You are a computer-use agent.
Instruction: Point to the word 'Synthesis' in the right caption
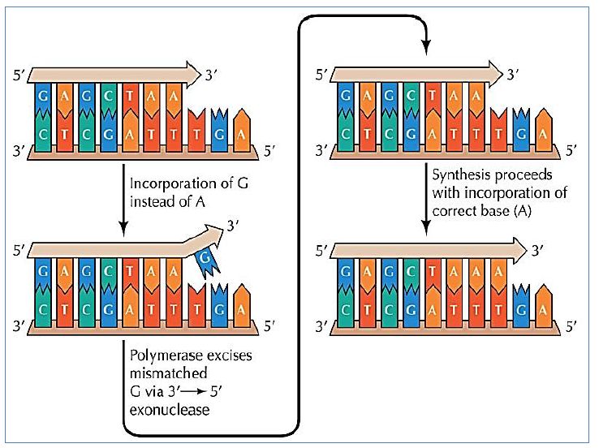coord(459,174)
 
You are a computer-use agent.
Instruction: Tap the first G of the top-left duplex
coord(43,95)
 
